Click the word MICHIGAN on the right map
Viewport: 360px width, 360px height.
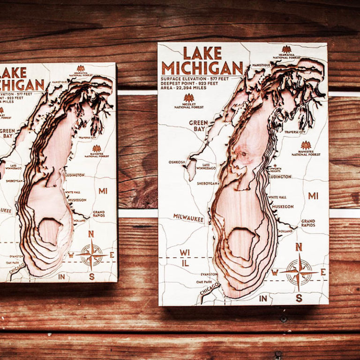[x=202, y=67]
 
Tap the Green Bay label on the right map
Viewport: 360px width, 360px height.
[x=198, y=125]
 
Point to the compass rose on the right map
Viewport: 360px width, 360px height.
[x=299, y=271]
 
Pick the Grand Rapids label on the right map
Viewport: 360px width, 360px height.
[x=308, y=223]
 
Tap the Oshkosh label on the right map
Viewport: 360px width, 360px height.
[x=177, y=162]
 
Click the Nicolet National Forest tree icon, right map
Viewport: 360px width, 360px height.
[x=189, y=97]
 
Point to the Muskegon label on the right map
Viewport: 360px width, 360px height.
[x=283, y=206]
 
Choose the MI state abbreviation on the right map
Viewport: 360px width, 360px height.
[x=313, y=195]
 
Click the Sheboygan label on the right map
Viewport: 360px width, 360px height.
[x=207, y=183]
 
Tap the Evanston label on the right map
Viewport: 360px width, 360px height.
[x=209, y=274]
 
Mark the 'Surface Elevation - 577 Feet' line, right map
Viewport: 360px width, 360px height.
[x=195, y=79]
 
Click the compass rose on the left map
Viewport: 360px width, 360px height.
[x=91, y=255]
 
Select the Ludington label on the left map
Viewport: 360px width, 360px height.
[x=75, y=175]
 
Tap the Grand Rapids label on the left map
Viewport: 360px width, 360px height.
[x=98, y=214]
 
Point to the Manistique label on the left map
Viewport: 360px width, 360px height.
[x=60, y=82]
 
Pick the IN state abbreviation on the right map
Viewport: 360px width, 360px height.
[x=263, y=298]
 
